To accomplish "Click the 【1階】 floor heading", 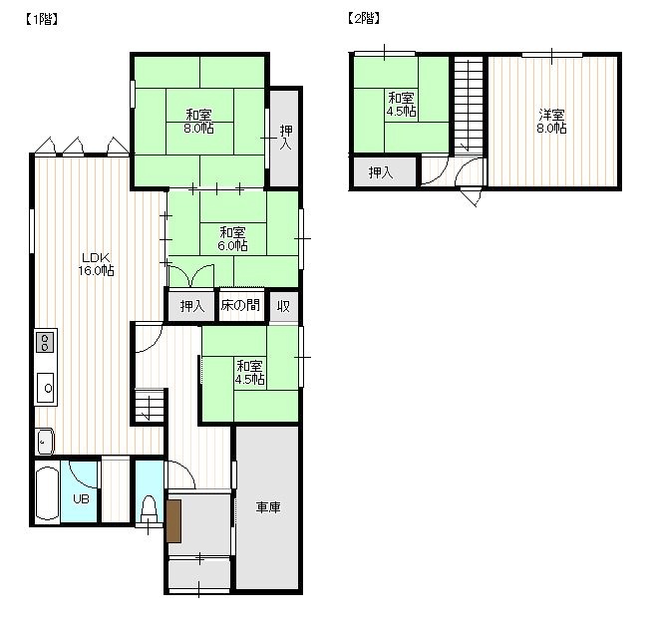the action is click(x=41, y=19).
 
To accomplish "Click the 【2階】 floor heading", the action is click(x=363, y=18).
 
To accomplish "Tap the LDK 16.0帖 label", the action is click(x=96, y=264).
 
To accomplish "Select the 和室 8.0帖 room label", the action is click(x=198, y=121).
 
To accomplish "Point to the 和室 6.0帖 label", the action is click(x=233, y=238).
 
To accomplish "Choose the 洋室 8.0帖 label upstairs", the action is click(x=551, y=121).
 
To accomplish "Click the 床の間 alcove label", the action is click(x=240, y=305).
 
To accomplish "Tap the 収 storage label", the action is click(x=283, y=306).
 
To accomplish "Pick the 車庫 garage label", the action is click(x=268, y=507).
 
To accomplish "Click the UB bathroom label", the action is click(x=81, y=498).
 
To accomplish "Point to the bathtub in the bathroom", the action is click(x=47, y=493).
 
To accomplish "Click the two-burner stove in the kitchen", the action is click(x=45, y=342).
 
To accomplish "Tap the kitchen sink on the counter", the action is click(x=46, y=388).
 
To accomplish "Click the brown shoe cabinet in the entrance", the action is click(x=173, y=521).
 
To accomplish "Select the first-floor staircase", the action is click(x=150, y=406).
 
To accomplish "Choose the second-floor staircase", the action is click(x=469, y=105).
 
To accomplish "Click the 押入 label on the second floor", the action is click(x=381, y=171).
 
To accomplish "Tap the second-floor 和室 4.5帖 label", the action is click(x=401, y=105).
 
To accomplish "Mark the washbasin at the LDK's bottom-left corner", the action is click(x=45, y=442).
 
